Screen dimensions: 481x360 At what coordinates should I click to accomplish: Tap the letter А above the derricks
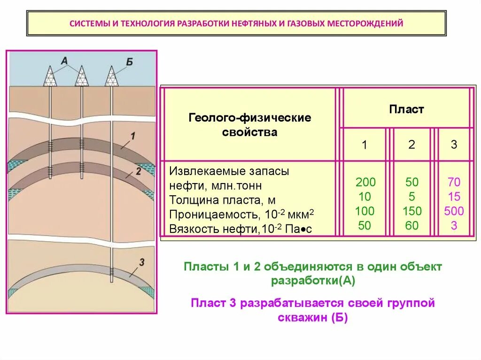tap(65, 60)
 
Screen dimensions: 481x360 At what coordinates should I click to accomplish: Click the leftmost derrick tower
tap(50, 76)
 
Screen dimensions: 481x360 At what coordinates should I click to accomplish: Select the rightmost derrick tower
tap(111, 76)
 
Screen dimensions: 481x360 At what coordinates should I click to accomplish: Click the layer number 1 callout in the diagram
tap(132, 137)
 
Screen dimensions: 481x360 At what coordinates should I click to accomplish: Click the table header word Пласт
tap(406, 110)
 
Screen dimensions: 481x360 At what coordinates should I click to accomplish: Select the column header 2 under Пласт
tap(411, 145)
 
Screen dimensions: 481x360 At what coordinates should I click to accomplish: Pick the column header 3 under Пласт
tap(454, 145)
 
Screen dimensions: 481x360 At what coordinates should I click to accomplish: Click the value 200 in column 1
tap(365, 182)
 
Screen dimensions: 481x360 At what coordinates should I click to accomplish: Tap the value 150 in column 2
tap(412, 211)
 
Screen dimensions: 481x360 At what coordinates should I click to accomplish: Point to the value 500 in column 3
tap(454, 211)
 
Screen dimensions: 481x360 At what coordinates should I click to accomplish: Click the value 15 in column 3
tap(454, 197)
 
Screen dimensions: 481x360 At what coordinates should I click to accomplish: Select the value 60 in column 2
tap(412, 226)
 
